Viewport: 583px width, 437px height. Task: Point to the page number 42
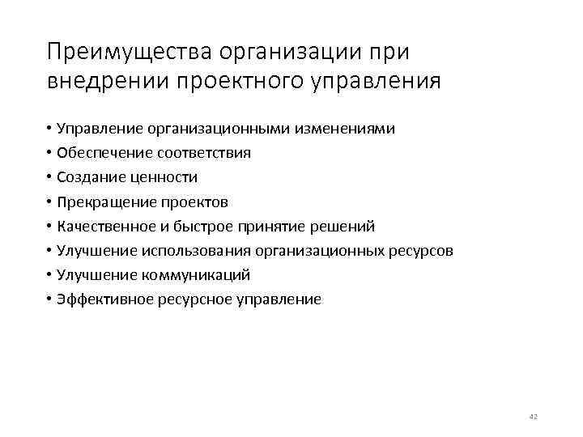[x=533, y=416]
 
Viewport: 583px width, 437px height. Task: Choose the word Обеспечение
[x=101, y=153]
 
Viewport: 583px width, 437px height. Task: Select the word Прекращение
[x=103, y=202]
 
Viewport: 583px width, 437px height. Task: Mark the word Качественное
[x=104, y=226]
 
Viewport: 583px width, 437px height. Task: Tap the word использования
[x=187, y=250]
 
